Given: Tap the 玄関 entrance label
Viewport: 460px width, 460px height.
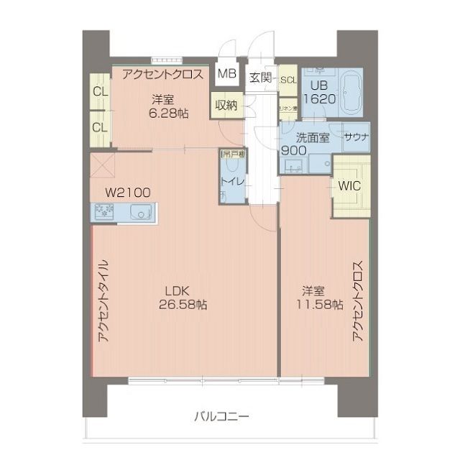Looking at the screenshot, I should (x=260, y=78).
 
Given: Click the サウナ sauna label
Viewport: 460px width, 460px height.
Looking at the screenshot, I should (x=356, y=137).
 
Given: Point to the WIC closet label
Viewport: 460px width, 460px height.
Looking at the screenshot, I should (x=349, y=185).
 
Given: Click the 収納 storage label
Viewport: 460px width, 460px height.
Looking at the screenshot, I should (x=226, y=105).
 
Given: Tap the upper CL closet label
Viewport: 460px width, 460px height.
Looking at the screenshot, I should (x=100, y=92).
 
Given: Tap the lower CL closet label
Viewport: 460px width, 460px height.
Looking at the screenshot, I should (x=100, y=127).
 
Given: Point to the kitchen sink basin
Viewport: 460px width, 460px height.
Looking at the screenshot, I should (x=141, y=212).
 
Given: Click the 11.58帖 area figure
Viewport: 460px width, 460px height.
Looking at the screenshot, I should (x=313, y=305).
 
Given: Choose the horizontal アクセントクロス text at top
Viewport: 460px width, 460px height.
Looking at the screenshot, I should (x=164, y=74).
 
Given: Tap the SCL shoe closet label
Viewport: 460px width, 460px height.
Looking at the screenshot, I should (x=288, y=80).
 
